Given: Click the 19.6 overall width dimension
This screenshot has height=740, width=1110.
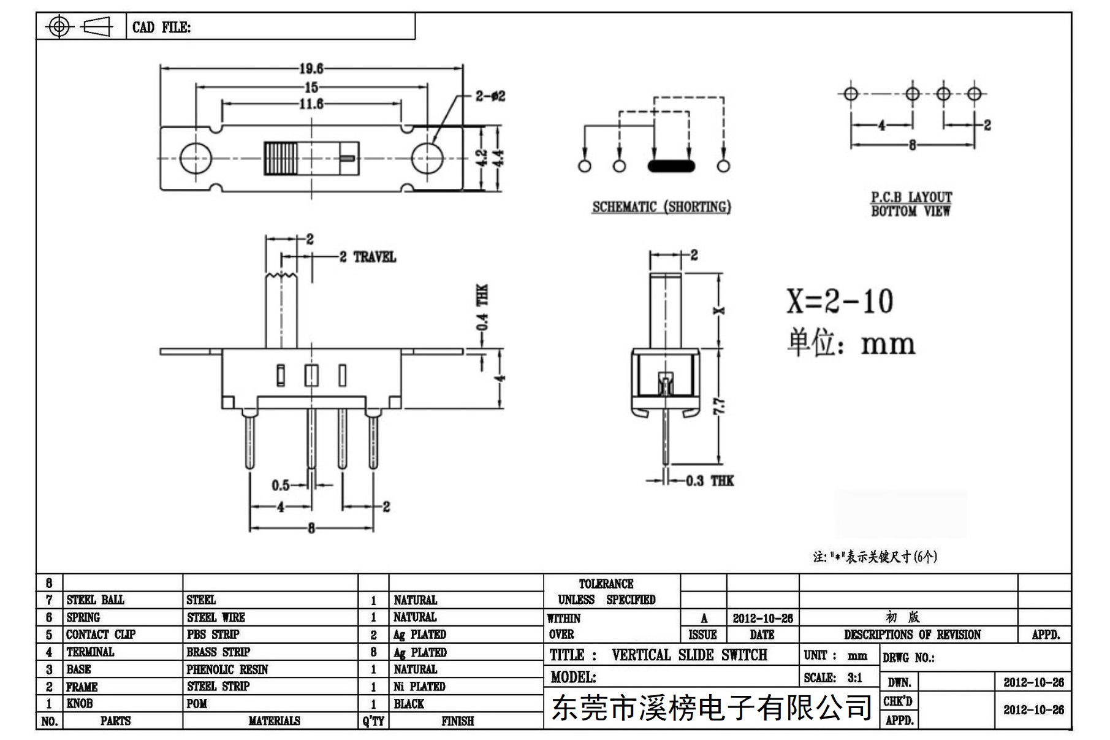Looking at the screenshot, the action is pyautogui.click(x=311, y=68).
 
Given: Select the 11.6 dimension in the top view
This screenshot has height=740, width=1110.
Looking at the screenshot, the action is pyautogui.click(x=311, y=104).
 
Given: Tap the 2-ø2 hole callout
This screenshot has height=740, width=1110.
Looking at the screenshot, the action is pyautogui.click(x=490, y=96).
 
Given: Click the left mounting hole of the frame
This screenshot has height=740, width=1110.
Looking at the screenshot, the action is pyautogui.click(x=196, y=158).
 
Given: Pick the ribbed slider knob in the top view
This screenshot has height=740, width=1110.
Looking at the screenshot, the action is pyautogui.click(x=281, y=158).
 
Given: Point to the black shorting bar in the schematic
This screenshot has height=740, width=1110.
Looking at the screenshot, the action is pyautogui.click(x=671, y=166).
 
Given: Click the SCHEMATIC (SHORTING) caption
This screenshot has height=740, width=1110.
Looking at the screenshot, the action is pyautogui.click(x=661, y=207).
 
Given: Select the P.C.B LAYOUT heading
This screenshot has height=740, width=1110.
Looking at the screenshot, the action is pyautogui.click(x=911, y=197).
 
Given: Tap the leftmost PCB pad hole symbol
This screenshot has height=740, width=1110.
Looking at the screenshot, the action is pyautogui.click(x=851, y=94).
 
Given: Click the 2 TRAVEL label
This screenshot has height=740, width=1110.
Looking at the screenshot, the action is pyautogui.click(x=368, y=257).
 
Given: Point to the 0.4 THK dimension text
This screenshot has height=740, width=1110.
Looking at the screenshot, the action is pyautogui.click(x=483, y=307).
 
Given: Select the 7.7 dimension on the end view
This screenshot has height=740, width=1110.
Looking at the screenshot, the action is pyautogui.click(x=719, y=406).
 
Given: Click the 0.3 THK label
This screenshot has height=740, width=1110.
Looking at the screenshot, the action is pyautogui.click(x=710, y=481).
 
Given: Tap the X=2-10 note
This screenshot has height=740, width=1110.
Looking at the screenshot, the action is pyautogui.click(x=840, y=301).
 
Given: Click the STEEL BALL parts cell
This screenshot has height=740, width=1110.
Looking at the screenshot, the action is pyautogui.click(x=95, y=600).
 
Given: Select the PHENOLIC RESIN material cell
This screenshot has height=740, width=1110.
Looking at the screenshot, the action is pyautogui.click(x=227, y=669).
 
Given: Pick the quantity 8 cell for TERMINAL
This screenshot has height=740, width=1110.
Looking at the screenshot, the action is pyautogui.click(x=373, y=652).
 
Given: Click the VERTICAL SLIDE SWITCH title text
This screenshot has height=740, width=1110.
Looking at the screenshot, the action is pyautogui.click(x=690, y=655).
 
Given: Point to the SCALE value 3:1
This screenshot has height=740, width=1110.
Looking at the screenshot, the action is pyautogui.click(x=855, y=677).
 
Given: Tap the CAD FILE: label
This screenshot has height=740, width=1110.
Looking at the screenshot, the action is pyautogui.click(x=162, y=28).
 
